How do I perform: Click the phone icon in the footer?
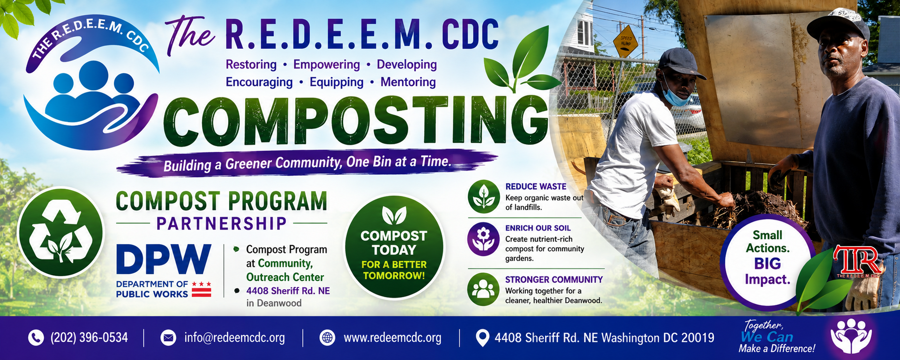click(36, 337)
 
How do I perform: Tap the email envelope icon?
click(168, 337)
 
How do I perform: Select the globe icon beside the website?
click(327, 337)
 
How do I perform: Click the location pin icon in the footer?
click(482, 338)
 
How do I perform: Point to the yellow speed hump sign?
click(626, 42)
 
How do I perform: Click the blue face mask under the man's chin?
click(675, 94)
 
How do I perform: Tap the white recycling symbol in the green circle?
click(60, 232)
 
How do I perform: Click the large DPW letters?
click(163, 259)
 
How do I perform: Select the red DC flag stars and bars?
click(202, 289)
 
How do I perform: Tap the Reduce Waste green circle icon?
click(484, 196)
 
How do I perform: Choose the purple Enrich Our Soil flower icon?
click(484, 239)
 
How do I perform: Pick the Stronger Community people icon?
click(483, 289)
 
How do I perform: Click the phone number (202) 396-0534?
click(89, 337)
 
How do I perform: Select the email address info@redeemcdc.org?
click(234, 338)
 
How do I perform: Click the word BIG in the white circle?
click(767, 264)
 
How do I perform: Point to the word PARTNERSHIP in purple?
click(221, 224)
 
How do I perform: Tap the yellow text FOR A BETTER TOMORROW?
click(394, 270)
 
